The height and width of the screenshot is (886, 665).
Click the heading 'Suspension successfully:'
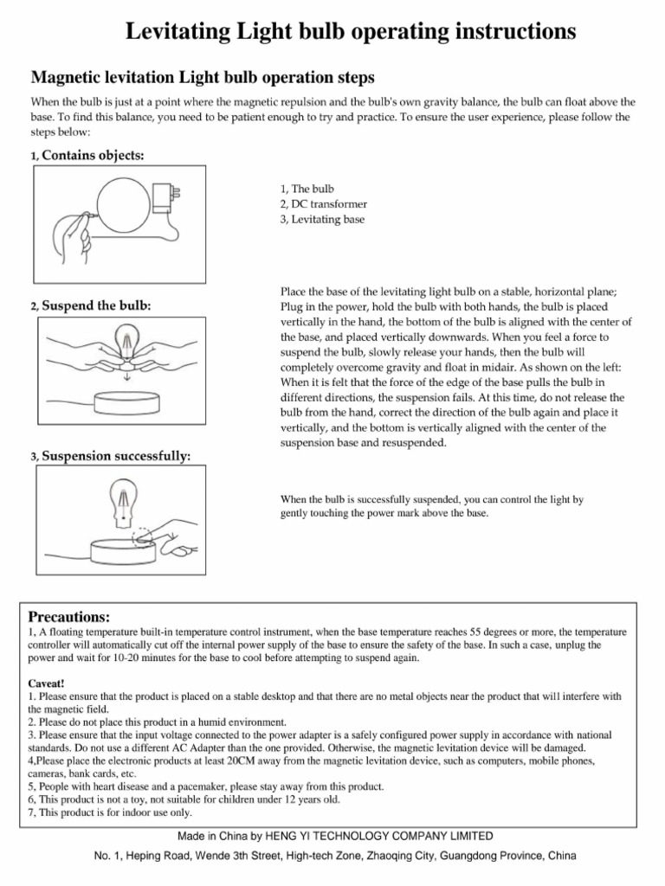117,456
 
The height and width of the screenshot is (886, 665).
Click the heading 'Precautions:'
69,617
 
